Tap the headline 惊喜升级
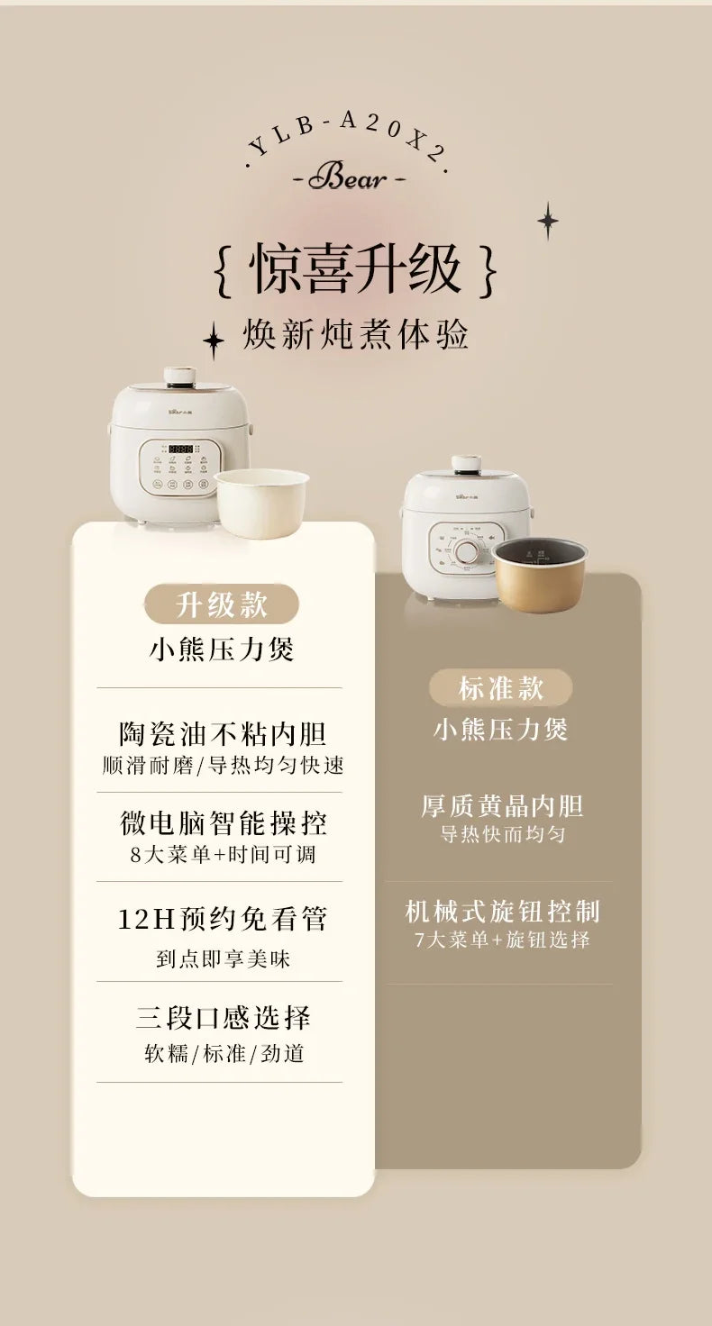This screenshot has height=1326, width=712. pos(356,269)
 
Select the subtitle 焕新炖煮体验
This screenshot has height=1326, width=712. pos(356,335)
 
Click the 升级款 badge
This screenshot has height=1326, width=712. pos(222,604)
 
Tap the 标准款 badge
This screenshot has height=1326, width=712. pos(500,688)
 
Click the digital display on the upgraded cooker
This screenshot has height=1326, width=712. pos(181,449)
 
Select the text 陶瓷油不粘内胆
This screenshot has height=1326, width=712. pos(222,734)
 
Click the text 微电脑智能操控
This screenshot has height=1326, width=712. pos(223,822)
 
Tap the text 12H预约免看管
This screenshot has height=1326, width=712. pos(223,919)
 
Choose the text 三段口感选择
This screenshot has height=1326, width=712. pos(223,1018)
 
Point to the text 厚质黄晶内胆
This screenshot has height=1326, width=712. pos(502,806)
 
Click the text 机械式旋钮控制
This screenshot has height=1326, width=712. pos(502,912)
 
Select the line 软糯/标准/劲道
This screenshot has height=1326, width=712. pos(224,1053)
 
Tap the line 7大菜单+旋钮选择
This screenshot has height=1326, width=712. pos(502,940)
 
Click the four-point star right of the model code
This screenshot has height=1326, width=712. pos(547,221)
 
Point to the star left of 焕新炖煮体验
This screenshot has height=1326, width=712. pos(213,341)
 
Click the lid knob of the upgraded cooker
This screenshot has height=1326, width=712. pos(180,375)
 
